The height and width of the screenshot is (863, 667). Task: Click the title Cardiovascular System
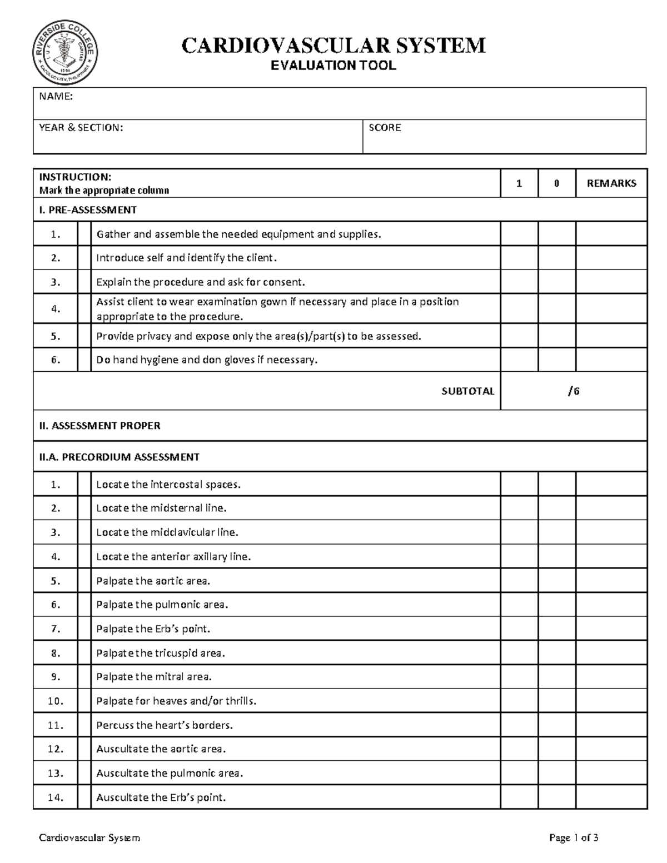333,45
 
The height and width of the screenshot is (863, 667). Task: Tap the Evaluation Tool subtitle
333,66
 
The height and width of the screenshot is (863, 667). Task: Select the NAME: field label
56,97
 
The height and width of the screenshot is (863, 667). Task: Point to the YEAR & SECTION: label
81,128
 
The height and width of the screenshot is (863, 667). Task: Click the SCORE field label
385,128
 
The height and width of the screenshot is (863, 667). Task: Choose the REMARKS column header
611,183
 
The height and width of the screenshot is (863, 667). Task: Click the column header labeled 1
519,183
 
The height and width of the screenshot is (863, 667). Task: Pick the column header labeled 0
556,183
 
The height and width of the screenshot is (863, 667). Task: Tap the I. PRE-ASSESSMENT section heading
88,210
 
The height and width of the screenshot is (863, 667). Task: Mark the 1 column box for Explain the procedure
519,282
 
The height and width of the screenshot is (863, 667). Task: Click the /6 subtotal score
574,391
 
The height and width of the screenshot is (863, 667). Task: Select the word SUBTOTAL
467,391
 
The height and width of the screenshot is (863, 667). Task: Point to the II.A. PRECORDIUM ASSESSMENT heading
119,457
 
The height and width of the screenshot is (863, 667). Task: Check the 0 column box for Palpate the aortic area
556,581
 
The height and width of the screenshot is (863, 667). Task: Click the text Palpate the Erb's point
153,629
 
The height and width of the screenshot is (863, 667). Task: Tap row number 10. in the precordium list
56,701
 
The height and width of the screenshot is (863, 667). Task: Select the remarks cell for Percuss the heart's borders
611,725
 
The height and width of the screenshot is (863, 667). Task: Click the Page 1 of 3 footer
574,838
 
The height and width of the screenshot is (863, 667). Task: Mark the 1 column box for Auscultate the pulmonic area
519,773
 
